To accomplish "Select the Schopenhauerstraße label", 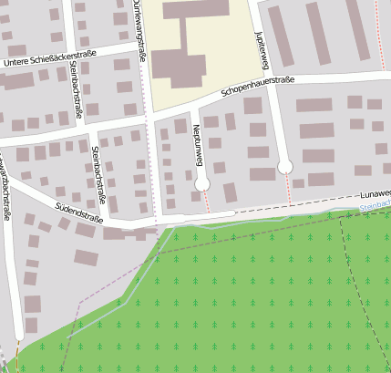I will [x=258, y=87].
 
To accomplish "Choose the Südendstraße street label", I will [x=79, y=213].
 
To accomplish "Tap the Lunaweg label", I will [x=375, y=194].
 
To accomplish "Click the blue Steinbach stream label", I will [x=375, y=208].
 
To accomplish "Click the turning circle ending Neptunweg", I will [x=202, y=184].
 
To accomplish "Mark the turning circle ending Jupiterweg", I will [x=285, y=166].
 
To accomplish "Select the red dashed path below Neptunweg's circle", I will [x=207, y=202].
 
